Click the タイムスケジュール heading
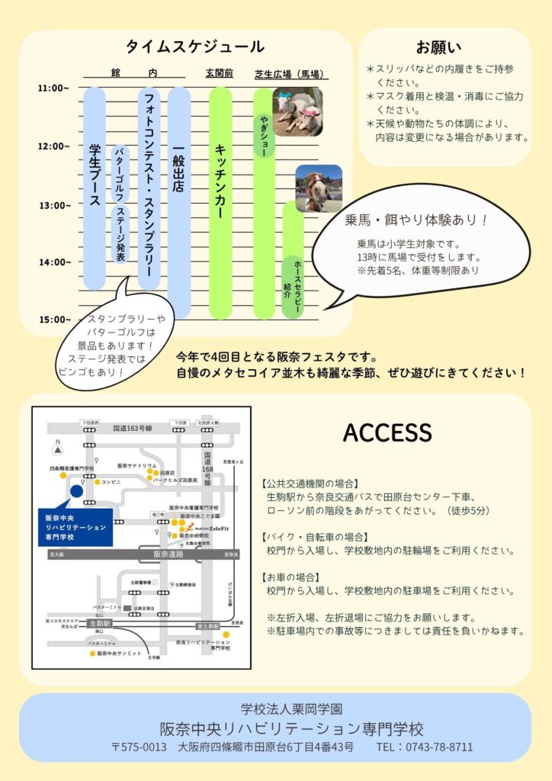point(195,47)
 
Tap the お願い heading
point(438,47)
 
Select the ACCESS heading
point(387,432)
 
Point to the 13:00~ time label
point(53,204)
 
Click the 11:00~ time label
point(53,88)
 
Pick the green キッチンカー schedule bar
point(220,202)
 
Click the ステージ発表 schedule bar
point(120,235)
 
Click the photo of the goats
point(297,111)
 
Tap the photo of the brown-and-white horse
point(318,188)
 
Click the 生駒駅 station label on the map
point(99,623)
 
